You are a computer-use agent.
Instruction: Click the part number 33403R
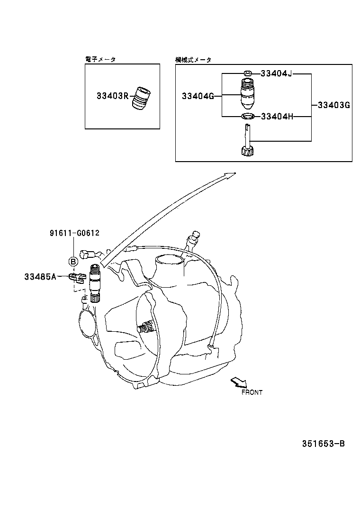pyautogui.click(x=112, y=96)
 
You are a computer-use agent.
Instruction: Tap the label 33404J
pyautogui.click(x=277, y=73)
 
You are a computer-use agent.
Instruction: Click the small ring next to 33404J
pyautogui.click(x=247, y=73)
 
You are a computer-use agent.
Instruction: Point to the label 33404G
pyautogui.click(x=198, y=96)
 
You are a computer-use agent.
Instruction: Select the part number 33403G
pyautogui.click(x=333, y=105)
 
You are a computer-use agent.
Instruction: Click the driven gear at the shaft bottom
pyautogui.click(x=246, y=152)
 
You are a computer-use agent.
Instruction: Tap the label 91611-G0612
pyautogui.click(x=74, y=233)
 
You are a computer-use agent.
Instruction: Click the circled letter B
pyautogui.click(x=73, y=261)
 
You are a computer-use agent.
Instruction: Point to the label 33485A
pyautogui.click(x=40, y=276)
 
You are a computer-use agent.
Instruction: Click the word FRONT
pyautogui.click(x=252, y=392)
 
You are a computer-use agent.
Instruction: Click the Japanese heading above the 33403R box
pyautogui.click(x=100, y=59)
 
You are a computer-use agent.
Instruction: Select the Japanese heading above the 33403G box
pyautogui.click(x=193, y=60)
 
